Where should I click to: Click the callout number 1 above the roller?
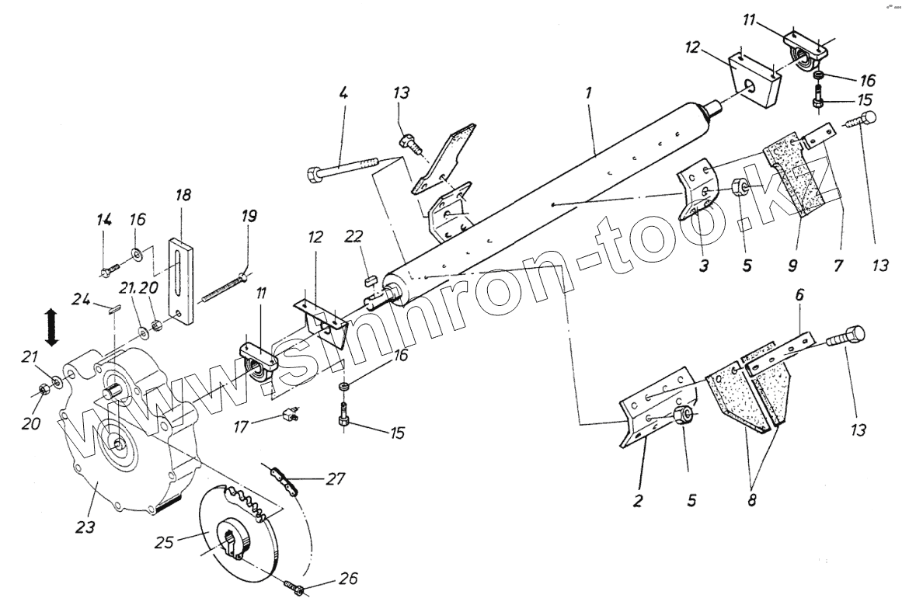[589, 92]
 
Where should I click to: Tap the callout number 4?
[343, 92]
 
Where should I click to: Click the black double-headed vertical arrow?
[51, 327]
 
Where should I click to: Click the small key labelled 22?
[371, 277]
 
